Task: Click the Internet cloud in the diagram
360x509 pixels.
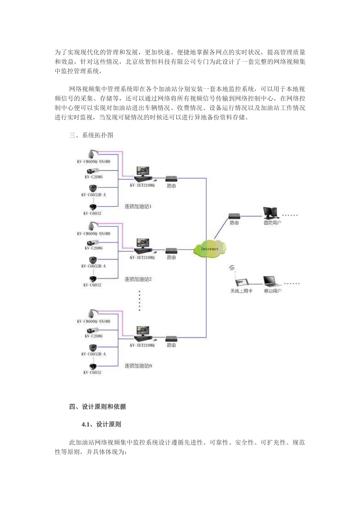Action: pyautogui.click(x=210, y=248)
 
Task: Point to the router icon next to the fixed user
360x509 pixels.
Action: pyautogui.click(x=234, y=216)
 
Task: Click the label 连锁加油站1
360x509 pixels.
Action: pyautogui.click(x=138, y=207)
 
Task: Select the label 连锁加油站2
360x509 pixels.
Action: pyautogui.click(x=138, y=279)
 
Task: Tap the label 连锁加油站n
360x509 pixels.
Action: pyautogui.click(x=138, y=366)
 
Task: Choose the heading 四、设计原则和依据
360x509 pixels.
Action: pyautogui.click(x=97, y=407)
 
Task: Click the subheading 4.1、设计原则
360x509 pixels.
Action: pyautogui.click(x=101, y=425)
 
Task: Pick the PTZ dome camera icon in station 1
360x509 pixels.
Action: pyautogui.click(x=92, y=154)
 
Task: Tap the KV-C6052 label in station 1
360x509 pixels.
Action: pyautogui.click(x=92, y=214)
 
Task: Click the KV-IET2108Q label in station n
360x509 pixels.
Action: pyautogui.click(x=142, y=345)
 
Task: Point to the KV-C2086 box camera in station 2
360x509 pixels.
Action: pyautogui.click(x=92, y=242)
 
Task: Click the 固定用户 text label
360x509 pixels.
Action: pyautogui.click(x=272, y=223)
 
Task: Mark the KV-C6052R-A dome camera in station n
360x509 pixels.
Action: pyautogui.click(x=93, y=347)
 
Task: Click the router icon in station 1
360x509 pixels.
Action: pyautogui.click(x=171, y=178)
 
